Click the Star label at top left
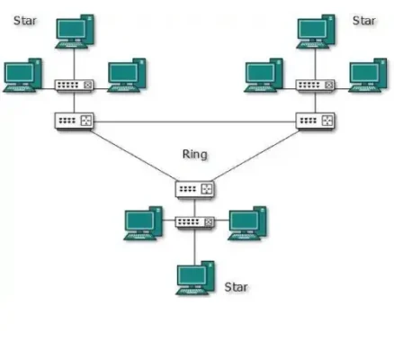(24, 20)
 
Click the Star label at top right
(363, 20)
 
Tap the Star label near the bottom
(235, 287)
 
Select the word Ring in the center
(194, 155)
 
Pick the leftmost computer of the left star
(22, 76)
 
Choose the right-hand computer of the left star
(125, 76)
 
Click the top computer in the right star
(316, 31)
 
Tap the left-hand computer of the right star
(264, 76)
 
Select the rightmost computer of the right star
(367, 76)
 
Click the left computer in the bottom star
(142, 223)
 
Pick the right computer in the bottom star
(246, 223)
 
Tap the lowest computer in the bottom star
(194, 277)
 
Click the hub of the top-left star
(72, 86)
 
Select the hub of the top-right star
(315, 86)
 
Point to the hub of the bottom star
(194, 221)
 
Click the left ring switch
(73, 121)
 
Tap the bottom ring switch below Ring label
(195, 190)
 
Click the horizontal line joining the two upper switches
(193, 121)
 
